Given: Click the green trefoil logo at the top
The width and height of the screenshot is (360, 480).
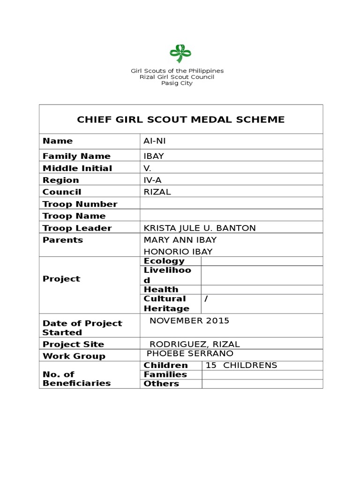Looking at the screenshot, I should pyautogui.click(x=177, y=53).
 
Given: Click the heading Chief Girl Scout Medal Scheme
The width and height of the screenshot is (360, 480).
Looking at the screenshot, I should pyautogui.click(x=180, y=120).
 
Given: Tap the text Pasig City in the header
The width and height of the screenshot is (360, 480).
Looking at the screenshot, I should pyautogui.click(x=177, y=83).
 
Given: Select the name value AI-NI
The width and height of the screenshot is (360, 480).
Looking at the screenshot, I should pyautogui.click(x=154, y=141).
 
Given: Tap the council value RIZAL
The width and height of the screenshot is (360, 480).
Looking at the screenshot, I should pyautogui.click(x=157, y=192).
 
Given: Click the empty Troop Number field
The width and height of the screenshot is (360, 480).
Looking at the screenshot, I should pyautogui.click(x=231, y=204).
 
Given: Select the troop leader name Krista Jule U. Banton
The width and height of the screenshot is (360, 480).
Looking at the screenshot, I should pyautogui.click(x=200, y=228).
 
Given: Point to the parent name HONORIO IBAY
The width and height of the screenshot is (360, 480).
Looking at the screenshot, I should pyautogui.click(x=178, y=252).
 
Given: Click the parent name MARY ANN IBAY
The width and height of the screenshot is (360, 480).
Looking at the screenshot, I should pyautogui.click(x=180, y=240).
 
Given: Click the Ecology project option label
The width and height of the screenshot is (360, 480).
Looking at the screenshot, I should pyautogui.click(x=164, y=261).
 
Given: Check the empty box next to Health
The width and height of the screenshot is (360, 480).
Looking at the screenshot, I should pyautogui.click(x=262, y=290).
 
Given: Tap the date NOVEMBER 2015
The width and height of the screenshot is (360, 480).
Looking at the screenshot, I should pyautogui.click(x=189, y=321).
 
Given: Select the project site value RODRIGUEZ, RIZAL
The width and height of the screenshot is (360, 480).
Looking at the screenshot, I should pyautogui.click(x=195, y=344).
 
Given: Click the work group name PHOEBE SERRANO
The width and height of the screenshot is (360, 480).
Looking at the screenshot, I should pyautogui.click(x=190, y=353).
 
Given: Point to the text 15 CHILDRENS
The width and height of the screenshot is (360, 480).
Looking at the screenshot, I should pyautogui.click(x=241, y=366).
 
